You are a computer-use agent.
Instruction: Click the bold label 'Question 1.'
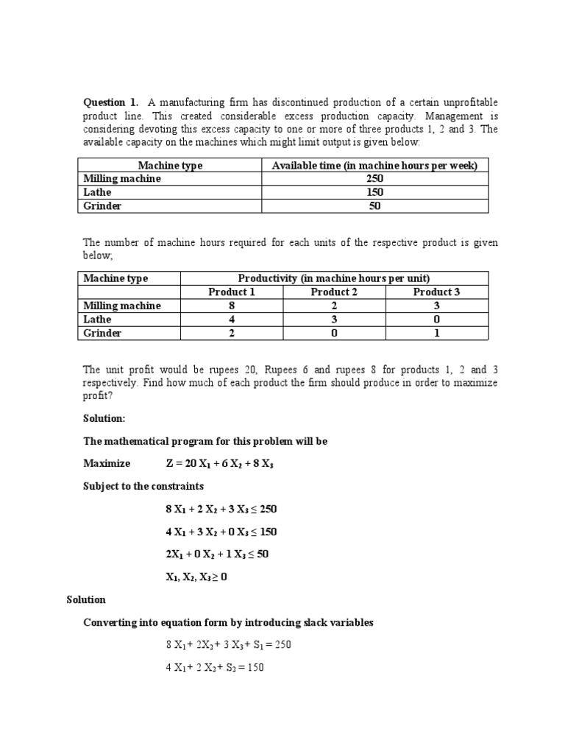110,102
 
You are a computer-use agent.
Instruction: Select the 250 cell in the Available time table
374,179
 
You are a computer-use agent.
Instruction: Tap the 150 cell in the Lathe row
374,192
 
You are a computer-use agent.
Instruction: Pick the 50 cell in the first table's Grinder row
374,206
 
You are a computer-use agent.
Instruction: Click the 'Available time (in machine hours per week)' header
374,166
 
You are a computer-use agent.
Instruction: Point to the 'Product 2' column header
334,292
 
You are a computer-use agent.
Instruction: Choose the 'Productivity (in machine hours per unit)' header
334,278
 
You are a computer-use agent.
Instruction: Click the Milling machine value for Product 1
232,306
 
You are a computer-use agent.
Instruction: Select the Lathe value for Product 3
436,320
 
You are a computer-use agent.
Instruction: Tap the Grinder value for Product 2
334,334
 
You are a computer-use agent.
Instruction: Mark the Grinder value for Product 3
436,334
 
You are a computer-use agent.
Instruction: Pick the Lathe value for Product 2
334,320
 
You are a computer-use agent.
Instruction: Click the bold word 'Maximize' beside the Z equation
107,463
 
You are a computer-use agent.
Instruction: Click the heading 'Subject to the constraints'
143,487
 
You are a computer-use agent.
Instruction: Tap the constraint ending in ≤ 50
217,554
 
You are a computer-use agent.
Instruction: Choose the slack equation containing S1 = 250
228,645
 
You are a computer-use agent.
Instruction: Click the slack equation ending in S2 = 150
215,668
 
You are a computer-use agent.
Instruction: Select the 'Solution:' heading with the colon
104,418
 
